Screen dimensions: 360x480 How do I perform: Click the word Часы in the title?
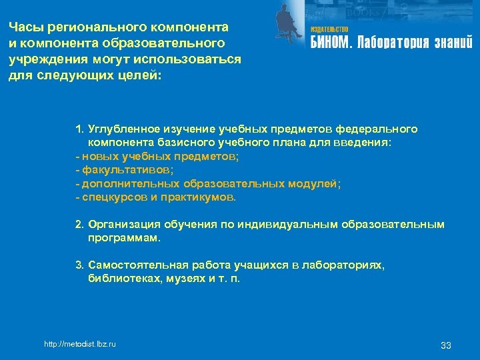(23, 27)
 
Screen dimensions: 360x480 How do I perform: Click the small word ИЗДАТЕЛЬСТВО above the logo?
(329, 30)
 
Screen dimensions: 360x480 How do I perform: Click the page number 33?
(446, 345)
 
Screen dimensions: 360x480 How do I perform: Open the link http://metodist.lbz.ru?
(79, 343)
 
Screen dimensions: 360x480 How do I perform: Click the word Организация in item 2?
(121, 225)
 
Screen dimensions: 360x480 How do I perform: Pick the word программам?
(123, 238)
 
